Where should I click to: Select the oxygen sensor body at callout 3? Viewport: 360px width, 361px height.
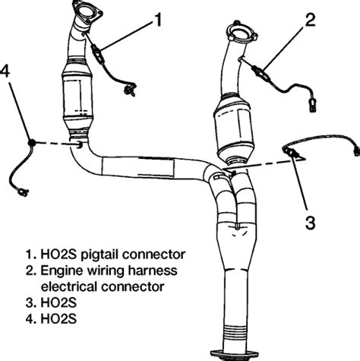pos(292,154)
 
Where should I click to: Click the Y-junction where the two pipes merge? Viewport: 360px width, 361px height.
pos(226,179)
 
